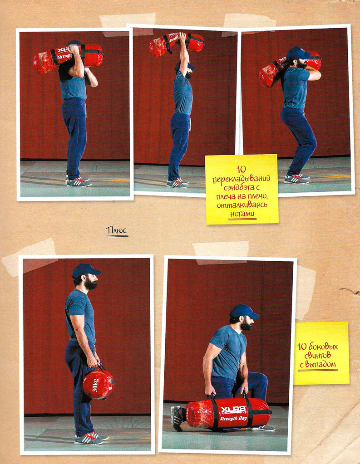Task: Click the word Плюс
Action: (x=117, y=230)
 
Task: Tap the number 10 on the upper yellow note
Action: (x=241, y=171)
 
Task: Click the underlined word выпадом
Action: (x=321, y=364)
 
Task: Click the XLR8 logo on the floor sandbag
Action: (x=233, y=410)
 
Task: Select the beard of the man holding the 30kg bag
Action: (x=91, y=283)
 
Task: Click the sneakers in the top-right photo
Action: (x=297, y=178)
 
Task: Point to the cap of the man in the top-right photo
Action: (x=298, y=53)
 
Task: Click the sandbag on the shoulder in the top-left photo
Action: (x=68, y=58)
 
